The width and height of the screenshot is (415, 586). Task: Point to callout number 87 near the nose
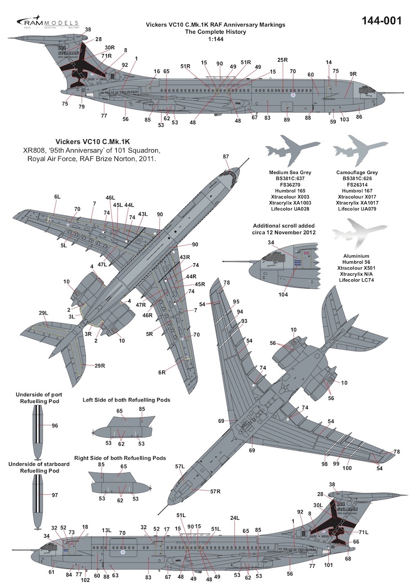(x=226, y=156)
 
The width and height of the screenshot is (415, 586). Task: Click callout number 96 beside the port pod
(x=55, y=425)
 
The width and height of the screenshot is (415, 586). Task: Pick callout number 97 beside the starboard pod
(x=56, y=495)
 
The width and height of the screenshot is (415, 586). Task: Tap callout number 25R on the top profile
(x=282, y=60)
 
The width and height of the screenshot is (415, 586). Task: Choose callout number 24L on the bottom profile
(x=235, y=518)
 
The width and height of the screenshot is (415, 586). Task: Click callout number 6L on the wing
(x=57, y=197)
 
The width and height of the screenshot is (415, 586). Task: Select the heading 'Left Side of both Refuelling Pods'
(x=127, y=400)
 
